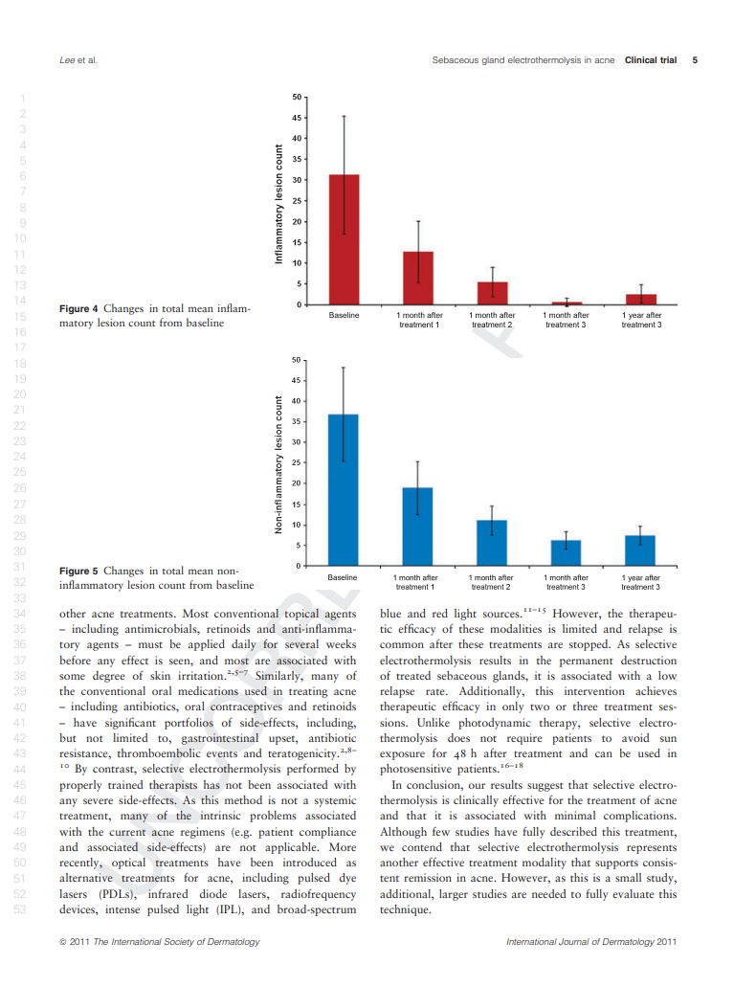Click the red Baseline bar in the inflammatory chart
(x=344, y=239)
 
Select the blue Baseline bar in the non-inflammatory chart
(x=343, y=489)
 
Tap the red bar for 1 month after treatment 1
(x=418, y=278)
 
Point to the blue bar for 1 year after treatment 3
(x=640, y=550)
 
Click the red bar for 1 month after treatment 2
(x=493, y=293)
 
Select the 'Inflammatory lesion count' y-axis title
(x=279, y=204)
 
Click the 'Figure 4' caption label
(x=78, y=308)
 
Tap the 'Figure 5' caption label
(x=78, y=571)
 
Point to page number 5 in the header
(x=695, y=60)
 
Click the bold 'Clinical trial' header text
(x=651, y=60)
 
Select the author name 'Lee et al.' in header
(x=78, y=60)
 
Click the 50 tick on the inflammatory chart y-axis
(x=296, y=97)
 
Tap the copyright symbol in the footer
(x=63, y=942)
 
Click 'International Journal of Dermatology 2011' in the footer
(x=590, y=942)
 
